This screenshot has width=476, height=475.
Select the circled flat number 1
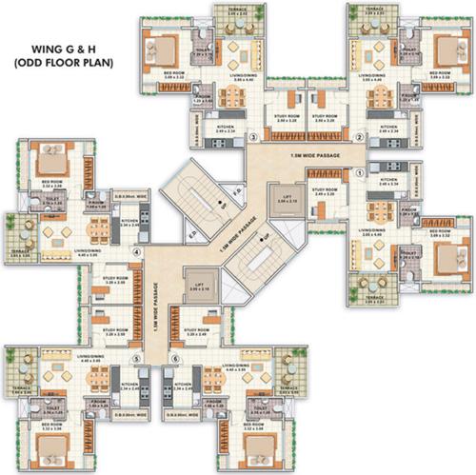coord(359,173)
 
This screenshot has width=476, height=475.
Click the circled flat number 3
coord(251,137)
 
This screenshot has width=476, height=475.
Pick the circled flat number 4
coord(138,252)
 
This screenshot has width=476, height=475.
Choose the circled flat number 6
coord(175,359)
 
